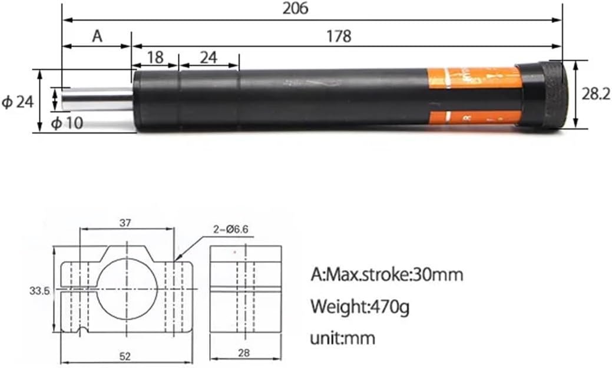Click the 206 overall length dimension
point(295,8)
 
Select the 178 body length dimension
point(338,37)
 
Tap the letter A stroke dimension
point(97,37)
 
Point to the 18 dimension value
point(155,57)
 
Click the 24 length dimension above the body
point(208,57)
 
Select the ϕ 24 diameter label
point(17,102)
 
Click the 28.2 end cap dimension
point(596,94)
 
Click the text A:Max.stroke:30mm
point(387,274)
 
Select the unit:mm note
point(342,338)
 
